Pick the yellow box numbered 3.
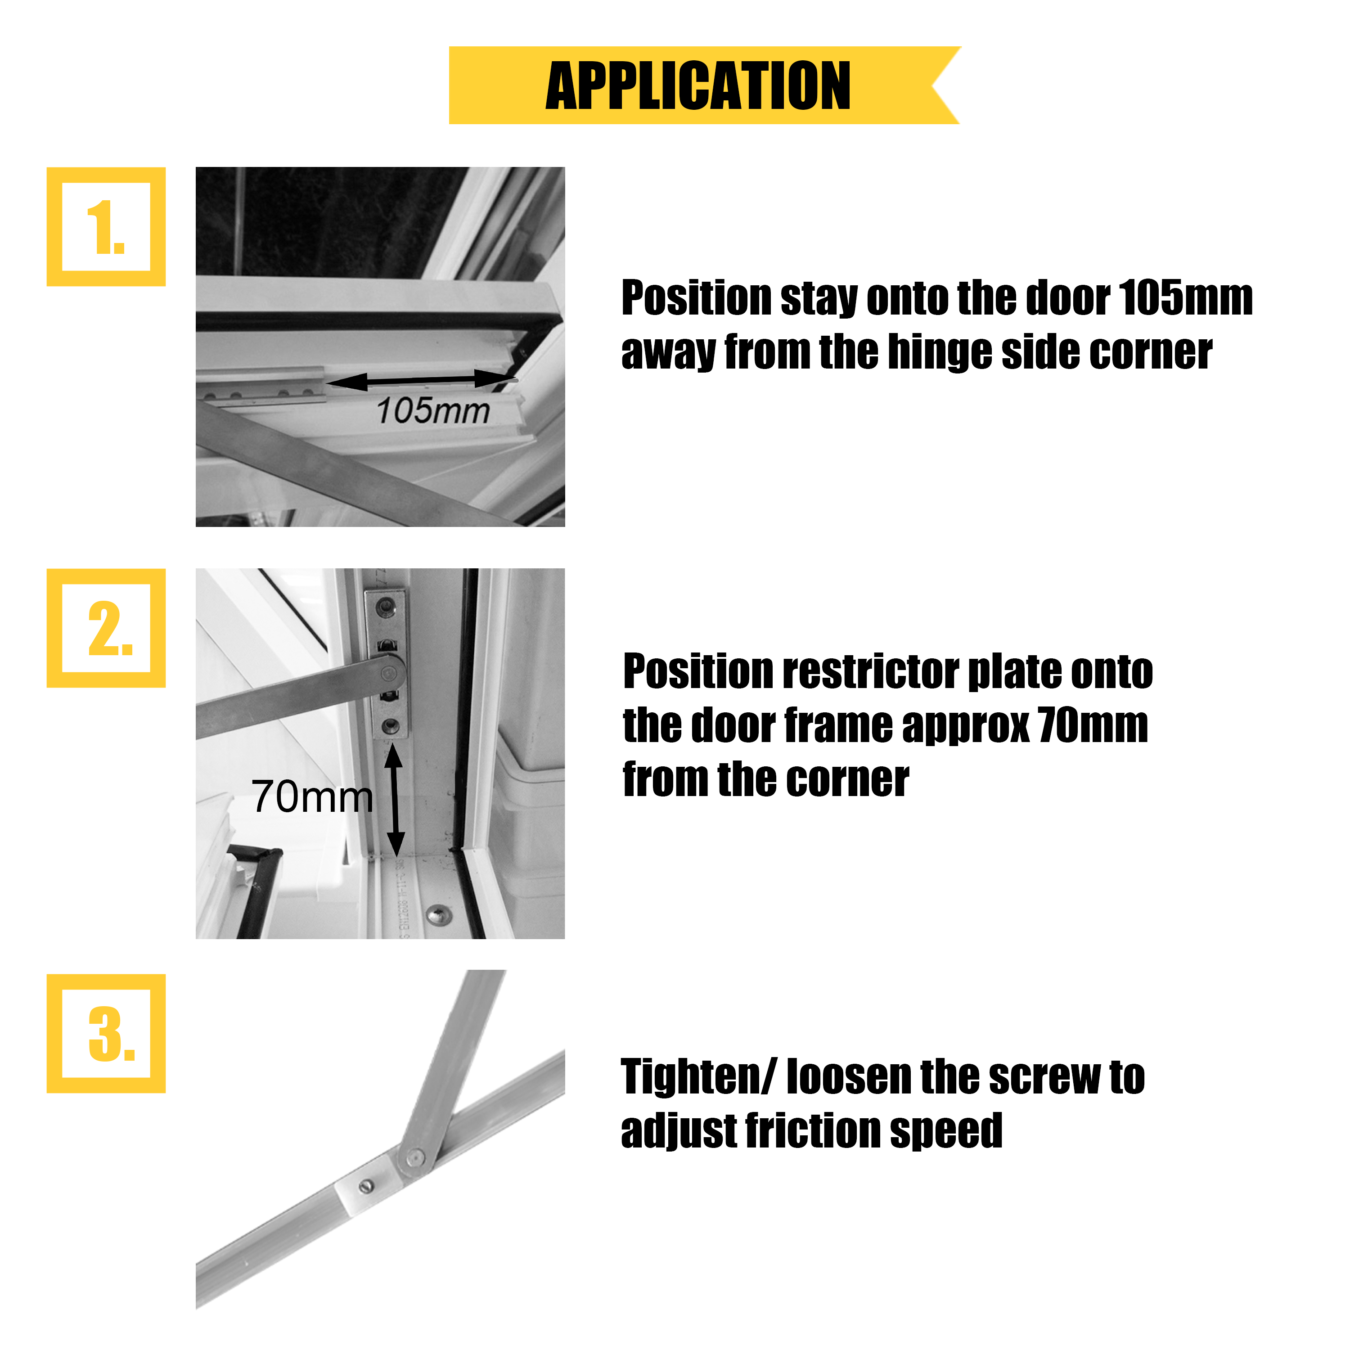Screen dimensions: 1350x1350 106,1034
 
